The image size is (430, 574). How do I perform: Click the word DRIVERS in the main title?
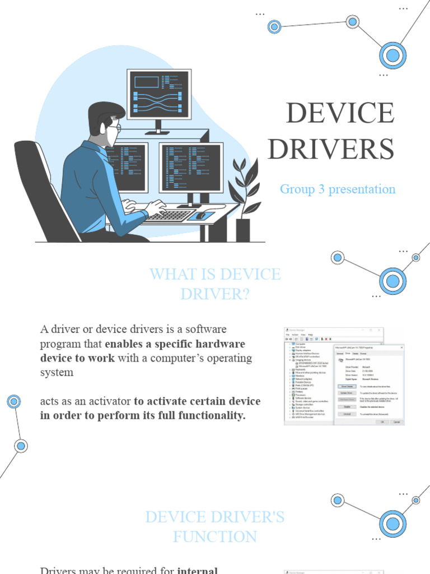[330, 149]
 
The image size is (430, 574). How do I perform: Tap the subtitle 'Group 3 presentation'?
[338, 189]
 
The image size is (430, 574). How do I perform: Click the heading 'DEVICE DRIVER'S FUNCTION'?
[215, 527]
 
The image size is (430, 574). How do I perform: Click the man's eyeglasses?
[115, 128]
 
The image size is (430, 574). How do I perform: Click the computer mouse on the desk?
[200, 215]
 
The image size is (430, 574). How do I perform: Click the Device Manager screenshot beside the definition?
[344, 376]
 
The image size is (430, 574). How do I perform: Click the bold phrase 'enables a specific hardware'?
[175, 344]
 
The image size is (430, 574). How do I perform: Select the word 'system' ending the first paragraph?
[57, 372]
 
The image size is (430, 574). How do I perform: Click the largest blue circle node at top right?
[392, 55]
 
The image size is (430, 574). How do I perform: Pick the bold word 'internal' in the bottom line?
[198, 571]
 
